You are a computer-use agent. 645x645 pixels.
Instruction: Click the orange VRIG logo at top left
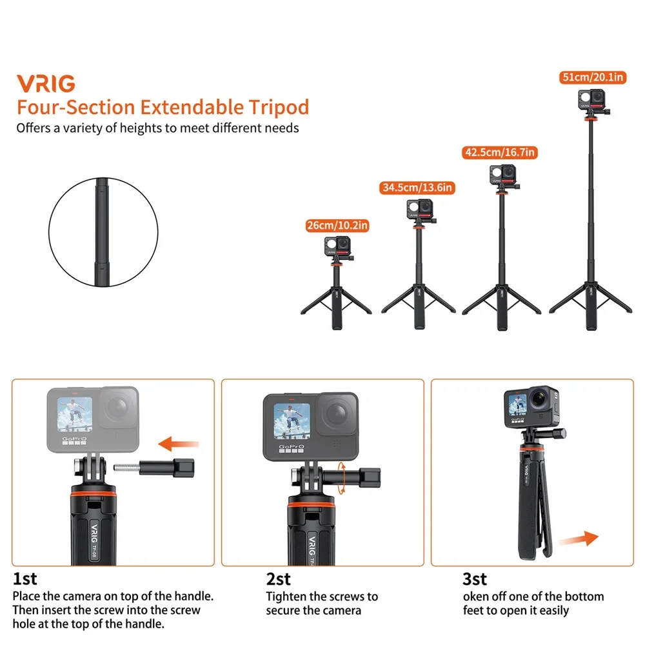tap(46, 83)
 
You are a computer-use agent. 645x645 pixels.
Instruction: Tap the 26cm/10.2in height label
tap(337, 226)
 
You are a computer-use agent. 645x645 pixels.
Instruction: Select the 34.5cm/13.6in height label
tap(417, 188)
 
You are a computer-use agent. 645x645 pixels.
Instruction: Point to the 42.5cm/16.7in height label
tap(501, 153)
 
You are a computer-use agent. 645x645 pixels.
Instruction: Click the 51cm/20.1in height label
tap(593, 77)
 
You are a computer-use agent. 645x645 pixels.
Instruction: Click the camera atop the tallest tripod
tap(592, 101)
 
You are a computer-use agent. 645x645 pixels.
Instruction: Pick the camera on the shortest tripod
tap(337, 248)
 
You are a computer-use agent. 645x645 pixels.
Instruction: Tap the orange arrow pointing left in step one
tap(179, 443)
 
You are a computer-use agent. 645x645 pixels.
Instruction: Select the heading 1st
tap(25, 579)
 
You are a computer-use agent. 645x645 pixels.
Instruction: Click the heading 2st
tap(279, 579)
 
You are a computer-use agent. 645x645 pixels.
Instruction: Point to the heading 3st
tap(475, 579)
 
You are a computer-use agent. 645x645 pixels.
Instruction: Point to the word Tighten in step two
tap(287, 597)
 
